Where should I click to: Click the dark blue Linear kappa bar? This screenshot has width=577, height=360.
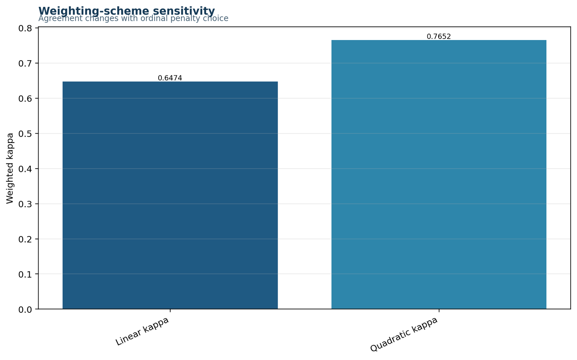[x=170, y=195]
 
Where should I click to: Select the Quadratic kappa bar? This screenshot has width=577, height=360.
[x=439, y=174]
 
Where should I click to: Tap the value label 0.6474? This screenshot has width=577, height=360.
[x=170, y=78]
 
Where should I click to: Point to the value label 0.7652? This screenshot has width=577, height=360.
[x=439, y=36]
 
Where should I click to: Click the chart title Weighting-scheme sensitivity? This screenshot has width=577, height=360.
[x=127, y=11]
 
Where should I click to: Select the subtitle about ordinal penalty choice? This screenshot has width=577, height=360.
[x=133, y=18]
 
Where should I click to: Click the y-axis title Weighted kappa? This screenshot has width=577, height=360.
[x=10, y=168]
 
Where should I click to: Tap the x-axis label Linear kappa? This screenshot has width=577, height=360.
[x=142, y=331]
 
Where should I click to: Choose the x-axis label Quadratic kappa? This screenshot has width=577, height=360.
[x=404, y=334]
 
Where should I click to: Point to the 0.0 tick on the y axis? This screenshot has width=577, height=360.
[x=25, y=310]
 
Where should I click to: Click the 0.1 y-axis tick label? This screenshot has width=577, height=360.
[x=25, y=274]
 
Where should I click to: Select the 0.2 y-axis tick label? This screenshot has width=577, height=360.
[x=25, y=239]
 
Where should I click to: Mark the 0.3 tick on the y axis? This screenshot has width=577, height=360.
[x=25, y=204]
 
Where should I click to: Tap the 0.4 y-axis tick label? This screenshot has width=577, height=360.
[x=25, y=169]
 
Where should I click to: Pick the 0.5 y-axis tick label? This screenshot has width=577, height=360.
[x=25, y=134]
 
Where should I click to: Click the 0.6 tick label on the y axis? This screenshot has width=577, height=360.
[x=25, y=98]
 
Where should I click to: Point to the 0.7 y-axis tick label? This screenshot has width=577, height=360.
[x=25, y=63]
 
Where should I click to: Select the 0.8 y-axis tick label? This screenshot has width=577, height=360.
[x=25, y=28]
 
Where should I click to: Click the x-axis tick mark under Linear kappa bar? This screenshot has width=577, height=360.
[x=170, y=311]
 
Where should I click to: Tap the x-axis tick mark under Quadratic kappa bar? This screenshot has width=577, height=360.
[x=439, y=311]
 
